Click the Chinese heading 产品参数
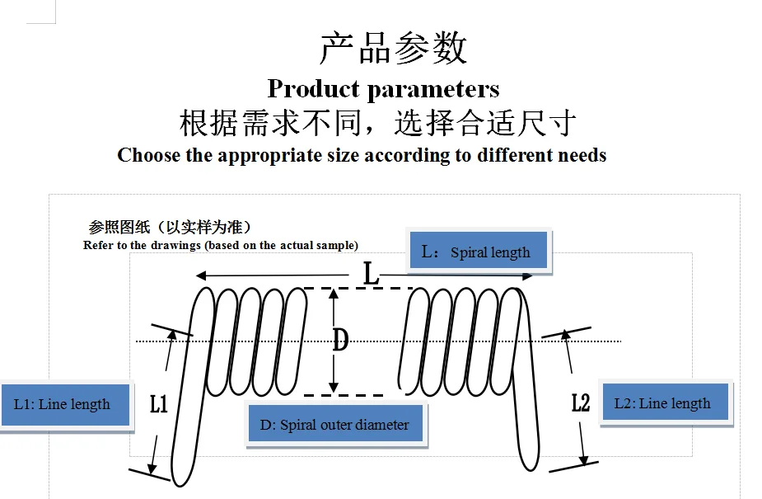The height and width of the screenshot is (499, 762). [x=393, y=48]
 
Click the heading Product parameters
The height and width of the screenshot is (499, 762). [x=383, y=89]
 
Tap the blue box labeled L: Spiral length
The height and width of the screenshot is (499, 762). [x=479, y=251]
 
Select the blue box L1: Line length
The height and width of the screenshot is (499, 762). [x=66, y=405]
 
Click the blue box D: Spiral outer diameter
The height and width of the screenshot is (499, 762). [x=335, y=424]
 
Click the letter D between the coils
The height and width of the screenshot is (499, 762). [x=341, y=340]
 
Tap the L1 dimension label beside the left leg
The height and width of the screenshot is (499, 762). [x=159, y=403]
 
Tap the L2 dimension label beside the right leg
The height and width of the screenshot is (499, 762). [x=581, y=402]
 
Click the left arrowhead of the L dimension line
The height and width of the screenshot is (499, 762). [x=201, y=275]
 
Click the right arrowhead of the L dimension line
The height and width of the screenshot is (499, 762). [x=527, y=275]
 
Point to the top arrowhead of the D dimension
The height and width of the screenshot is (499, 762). [x=334, y=294]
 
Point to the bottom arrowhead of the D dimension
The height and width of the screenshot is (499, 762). [x=334, y=387]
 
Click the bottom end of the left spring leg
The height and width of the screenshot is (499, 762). [x=180, y=484]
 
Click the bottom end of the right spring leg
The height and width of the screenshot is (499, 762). [x=531, y=468]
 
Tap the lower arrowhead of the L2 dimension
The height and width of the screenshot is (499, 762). [x=583, y=459]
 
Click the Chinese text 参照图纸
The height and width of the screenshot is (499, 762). [x=119, y=227]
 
